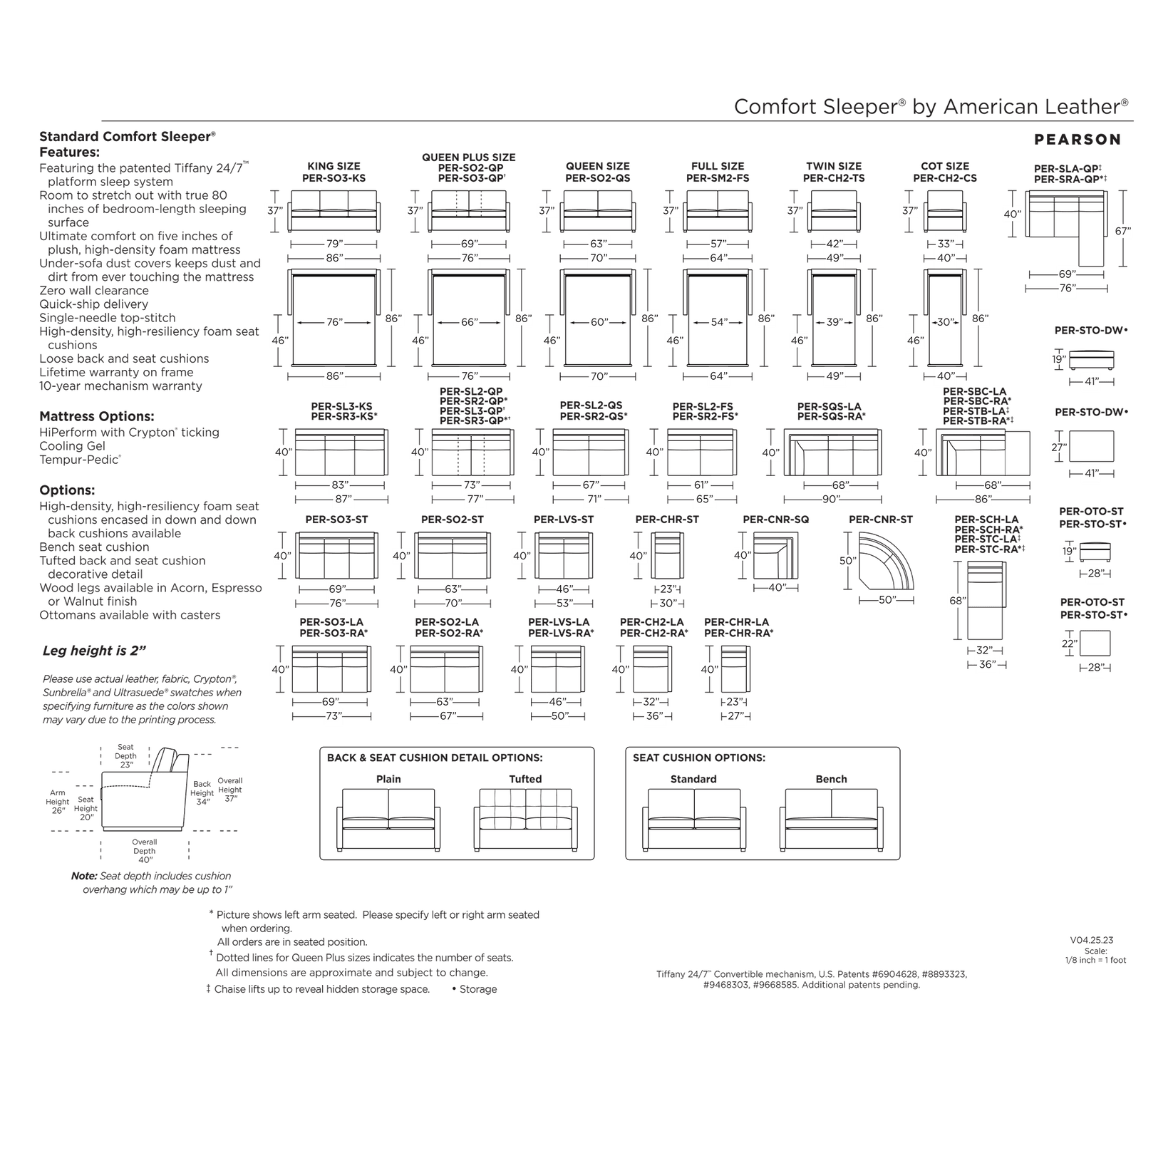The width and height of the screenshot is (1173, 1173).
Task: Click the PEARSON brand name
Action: pos(1077,140)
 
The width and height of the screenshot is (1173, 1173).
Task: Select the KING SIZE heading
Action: pos(334,166)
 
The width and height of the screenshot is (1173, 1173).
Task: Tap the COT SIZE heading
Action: pos(945,166)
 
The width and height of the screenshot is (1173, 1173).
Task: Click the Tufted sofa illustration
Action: pos(525,820)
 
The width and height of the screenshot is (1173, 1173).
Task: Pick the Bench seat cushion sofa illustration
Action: pos(831,820)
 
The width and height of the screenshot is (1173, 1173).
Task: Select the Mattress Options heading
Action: pos(96,416)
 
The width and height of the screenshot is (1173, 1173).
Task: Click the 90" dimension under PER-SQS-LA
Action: pos(832,500)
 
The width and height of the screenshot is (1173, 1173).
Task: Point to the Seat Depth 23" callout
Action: pos(125,755)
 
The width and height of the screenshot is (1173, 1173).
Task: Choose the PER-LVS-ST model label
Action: pos(563,520)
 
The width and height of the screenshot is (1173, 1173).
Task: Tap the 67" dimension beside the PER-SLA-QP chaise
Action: pos(1123,230)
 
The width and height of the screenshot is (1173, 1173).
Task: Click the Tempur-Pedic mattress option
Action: pos(80,460)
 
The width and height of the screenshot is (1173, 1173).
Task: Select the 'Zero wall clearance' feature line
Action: pos(94,291)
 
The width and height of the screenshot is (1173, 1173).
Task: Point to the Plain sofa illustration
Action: pos(388,820)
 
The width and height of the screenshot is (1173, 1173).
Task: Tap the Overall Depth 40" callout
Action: pos(145,851)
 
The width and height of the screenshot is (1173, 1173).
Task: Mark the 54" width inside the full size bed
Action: pos(719,322)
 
